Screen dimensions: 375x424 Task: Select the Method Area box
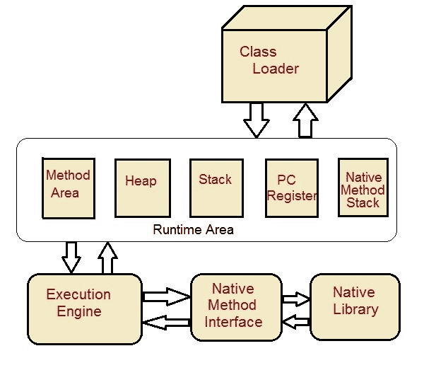[68, 188]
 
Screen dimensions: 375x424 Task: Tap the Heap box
[141, 187]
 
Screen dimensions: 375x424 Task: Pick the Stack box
[215, 187]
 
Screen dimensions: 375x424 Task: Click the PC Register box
[291, 188]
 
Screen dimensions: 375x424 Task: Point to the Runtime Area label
[193, 230]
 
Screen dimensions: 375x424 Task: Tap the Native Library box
[355, 306]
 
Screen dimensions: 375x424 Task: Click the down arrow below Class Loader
[256, 119]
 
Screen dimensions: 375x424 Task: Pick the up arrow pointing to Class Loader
[306, 120]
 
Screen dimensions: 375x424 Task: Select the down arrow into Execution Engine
[71, 256]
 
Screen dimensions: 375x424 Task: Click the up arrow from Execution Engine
[107, 258]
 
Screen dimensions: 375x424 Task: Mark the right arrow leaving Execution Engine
[166, 295]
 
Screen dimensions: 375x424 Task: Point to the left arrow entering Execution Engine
[166, 323]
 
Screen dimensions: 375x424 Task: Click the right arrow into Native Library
[295, 299]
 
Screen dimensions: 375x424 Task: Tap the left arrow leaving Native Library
[295, 323]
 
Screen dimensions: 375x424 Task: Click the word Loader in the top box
[276, 69]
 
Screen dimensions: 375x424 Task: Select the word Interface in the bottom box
[234, 322]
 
